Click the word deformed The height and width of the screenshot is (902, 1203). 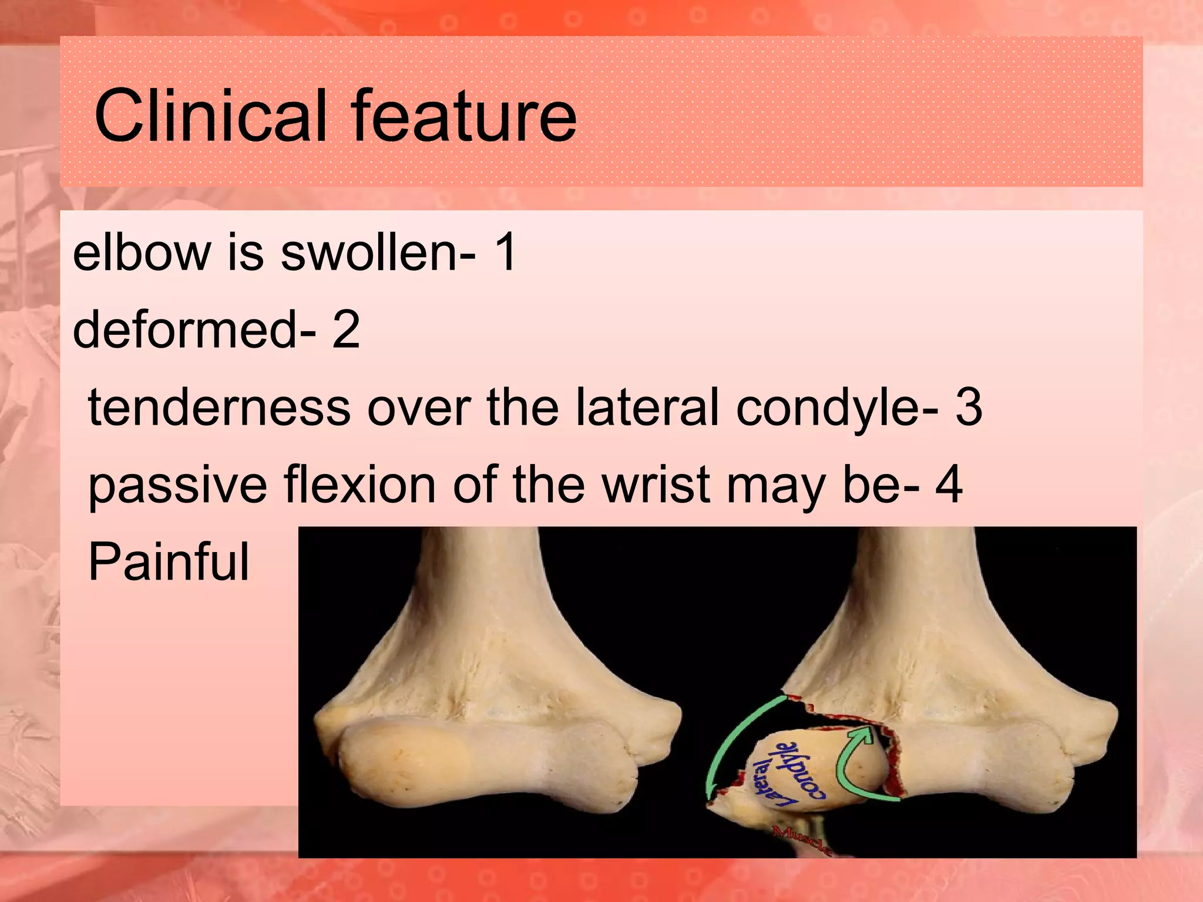[186, 330]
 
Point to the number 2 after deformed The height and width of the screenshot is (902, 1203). [346, 330]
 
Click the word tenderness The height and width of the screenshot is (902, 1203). [219, 408]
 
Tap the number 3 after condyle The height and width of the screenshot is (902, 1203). [969, 408]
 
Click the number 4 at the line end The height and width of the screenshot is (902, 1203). [949, 485]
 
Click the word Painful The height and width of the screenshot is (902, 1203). [169, 562]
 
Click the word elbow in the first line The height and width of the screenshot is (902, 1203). [142, 253]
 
